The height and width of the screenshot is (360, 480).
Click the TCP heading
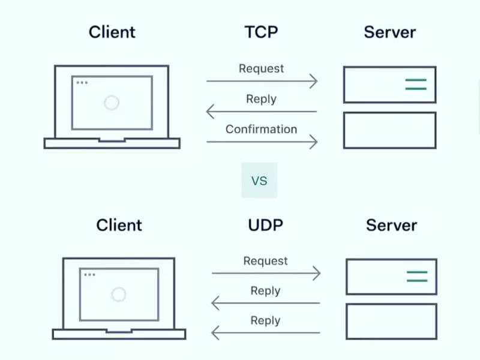pyautogui.click(x=261, y=32)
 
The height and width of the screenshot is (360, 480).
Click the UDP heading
pyautogui.click(x=265, y=225)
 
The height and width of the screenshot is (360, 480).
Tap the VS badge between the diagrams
pyautogui.click(x=259, y=180)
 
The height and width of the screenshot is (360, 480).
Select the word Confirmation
pyautogui.click(x=261, y=129)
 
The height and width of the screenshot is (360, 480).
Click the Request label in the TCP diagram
pyautogui.click(x=261, y=68)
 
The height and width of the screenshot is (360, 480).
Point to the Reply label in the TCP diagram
pyautogui.click(x=261, y=99)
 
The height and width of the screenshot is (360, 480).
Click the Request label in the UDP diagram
pyautogui.click(x=265, y=261)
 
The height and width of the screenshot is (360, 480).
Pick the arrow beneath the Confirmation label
pyautogui.click(x=262, y=142)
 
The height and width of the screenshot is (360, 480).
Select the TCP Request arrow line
pyautogui.click(x=262, y=81)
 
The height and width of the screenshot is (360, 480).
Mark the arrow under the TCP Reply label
pyautogui.click(x=262, y=111)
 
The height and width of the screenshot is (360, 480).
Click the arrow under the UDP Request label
pyautogui.click(x=266, y=274)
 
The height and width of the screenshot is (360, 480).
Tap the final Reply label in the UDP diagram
pyautogui.click(x=265, y=320)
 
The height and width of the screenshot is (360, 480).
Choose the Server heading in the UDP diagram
pyautogui.click(x=391, y=225)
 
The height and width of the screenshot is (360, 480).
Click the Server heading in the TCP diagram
pyautogui.click(x=389, y=32)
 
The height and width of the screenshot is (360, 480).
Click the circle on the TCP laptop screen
pyautogui.click(x=111, y=103)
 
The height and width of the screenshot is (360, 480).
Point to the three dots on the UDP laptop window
pyautogui.click(x=89, y=275)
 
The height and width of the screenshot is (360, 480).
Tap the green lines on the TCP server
pyautogui.click(x=415, y=85)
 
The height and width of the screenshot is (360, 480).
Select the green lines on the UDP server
pyautogui.click(x=417, y=277)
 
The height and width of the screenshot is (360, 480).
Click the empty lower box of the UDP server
pyautogui.click(x=391, y=322)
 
